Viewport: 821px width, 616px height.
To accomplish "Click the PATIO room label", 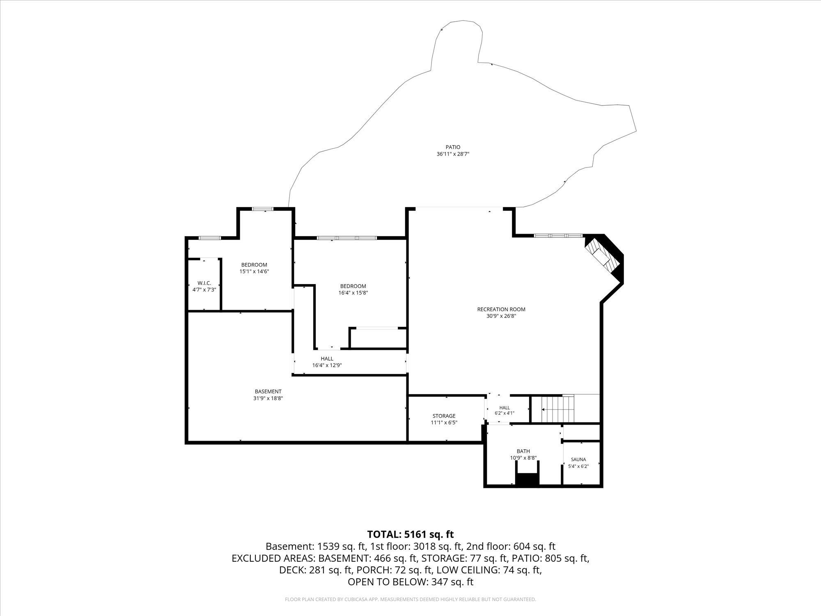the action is click(453, 147).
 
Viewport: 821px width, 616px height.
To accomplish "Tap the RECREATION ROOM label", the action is click(501, 309).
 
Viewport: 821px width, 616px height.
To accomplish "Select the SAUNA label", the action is click(578, 460).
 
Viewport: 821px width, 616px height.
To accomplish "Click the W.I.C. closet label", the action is click(204, 283).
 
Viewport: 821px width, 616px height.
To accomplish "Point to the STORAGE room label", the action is click(444, 416).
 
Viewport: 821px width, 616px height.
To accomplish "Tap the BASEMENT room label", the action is click(268, 391).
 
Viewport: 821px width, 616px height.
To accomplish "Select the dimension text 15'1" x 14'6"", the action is click(254, 271).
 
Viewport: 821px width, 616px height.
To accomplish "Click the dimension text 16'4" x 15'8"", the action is click(353, 293).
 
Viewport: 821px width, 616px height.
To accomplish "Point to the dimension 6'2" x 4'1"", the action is click(505, 413).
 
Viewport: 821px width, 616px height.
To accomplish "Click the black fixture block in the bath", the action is click(527, 480).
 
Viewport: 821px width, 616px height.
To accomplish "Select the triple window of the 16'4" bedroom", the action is click(346, 238).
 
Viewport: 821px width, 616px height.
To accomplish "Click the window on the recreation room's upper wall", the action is click(558, 236).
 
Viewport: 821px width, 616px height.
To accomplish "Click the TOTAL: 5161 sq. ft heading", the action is click(410, 534).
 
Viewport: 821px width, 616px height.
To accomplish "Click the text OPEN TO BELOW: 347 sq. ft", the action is click(410, 582).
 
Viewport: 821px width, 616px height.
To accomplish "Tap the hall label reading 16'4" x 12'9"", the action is click(327, 365).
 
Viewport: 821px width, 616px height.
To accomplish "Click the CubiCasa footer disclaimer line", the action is click(410, 600).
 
